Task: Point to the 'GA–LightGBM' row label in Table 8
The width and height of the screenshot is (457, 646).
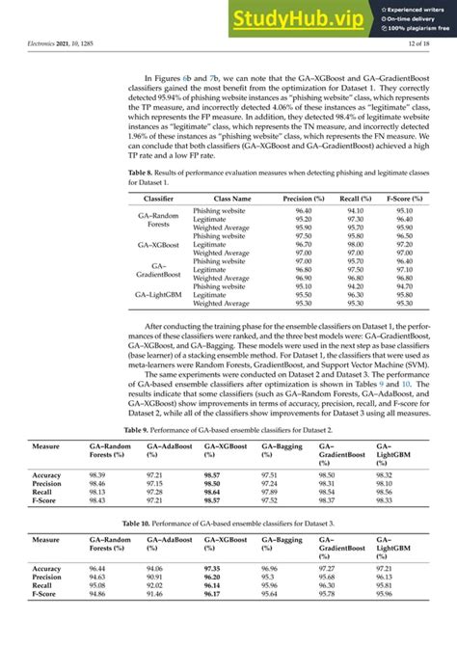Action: click(159, 294)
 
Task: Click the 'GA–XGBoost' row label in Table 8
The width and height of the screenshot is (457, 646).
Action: click(159, 245)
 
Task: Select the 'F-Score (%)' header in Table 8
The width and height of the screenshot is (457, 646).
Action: click(405, 198)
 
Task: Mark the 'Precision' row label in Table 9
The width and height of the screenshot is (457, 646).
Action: click(47, 484)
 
